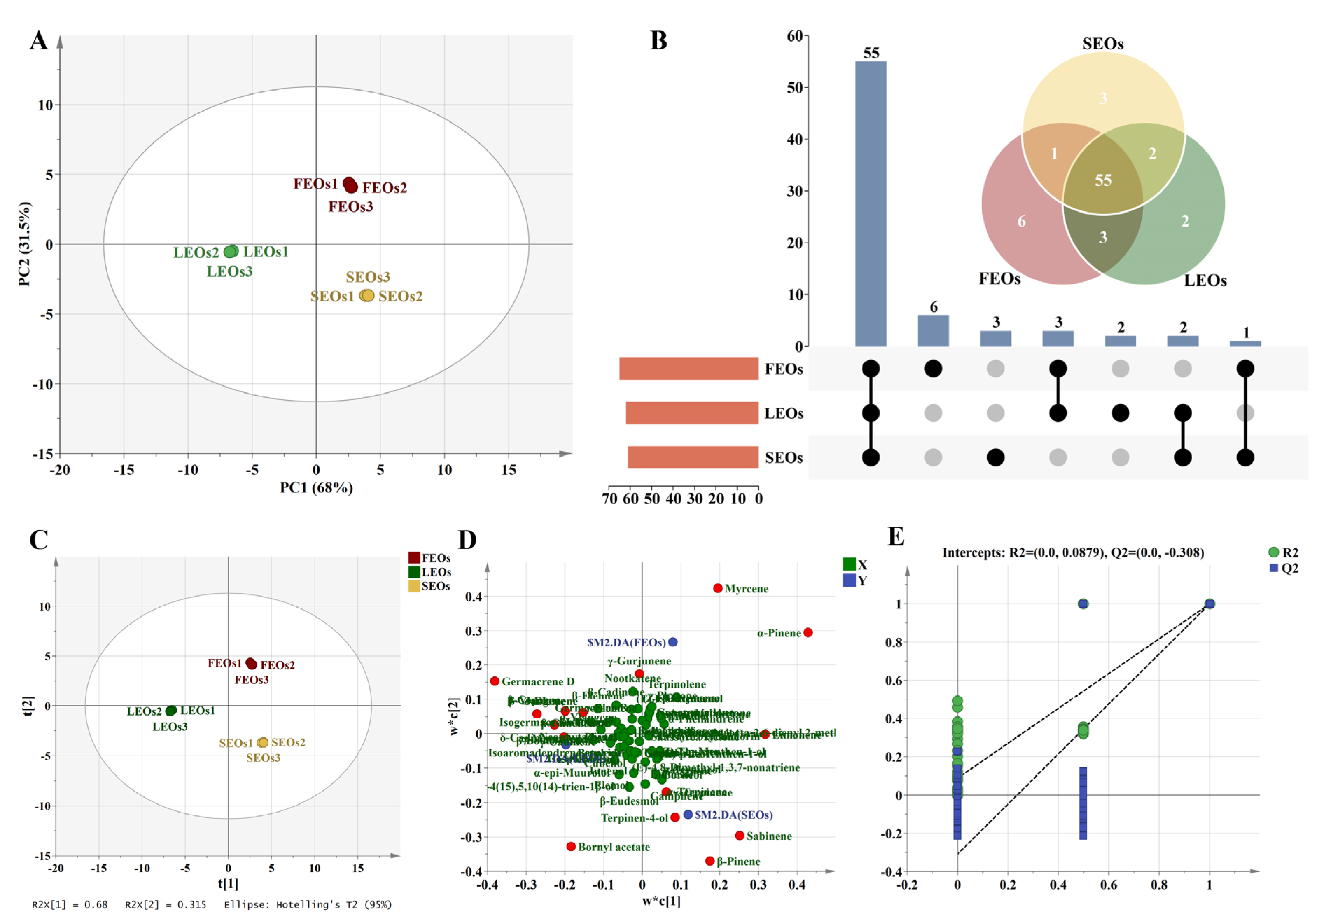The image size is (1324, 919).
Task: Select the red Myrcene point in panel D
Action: pyautogui.click(x=717, y=588)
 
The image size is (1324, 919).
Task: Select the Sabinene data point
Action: pyautogui.click(x=739, y=836)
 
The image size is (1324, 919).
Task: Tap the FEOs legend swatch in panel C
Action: pyautogui.click(x=414, y=557)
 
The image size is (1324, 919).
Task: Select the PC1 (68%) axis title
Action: pyautogui.click(x=316, y=488)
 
